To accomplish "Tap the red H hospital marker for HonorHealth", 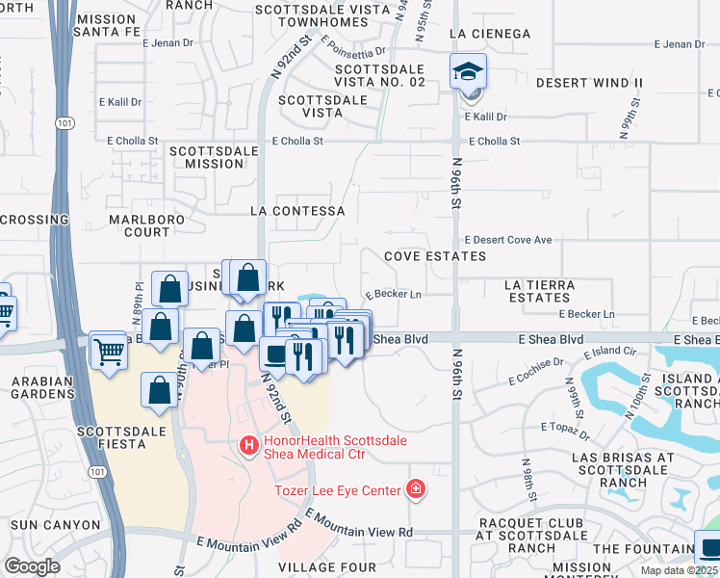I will (247, 445).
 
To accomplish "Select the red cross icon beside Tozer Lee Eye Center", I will (416, 490).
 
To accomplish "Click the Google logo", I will (32, 566).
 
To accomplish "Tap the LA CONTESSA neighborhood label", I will (296, 210).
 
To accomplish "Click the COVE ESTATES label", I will (435, 256).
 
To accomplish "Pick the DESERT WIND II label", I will (589, 83).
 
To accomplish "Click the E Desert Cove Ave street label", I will (507, 240).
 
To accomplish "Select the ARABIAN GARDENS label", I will (42, 387).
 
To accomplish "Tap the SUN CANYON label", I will (55, 525).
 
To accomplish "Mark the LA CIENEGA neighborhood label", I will (490, 34).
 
